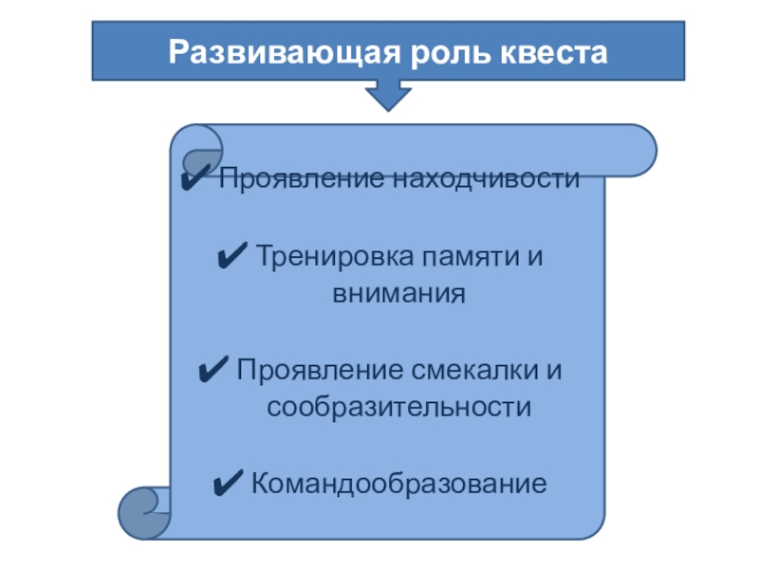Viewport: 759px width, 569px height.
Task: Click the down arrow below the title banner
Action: (x=388, y=95)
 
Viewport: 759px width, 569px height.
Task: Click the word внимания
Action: (x=398, y=293)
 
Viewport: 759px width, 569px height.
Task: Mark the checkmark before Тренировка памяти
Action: (x=231, y=257)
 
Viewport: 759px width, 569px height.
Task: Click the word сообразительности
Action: (x=398, y=408)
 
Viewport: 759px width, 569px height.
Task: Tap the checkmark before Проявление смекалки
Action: (x=214, y=370)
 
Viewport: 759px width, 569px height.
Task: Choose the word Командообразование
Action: (x=398, y=484)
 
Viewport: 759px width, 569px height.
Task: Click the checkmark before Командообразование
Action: (x=231, y=484)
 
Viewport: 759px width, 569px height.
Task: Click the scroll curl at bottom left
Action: (x=143, y=512)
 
